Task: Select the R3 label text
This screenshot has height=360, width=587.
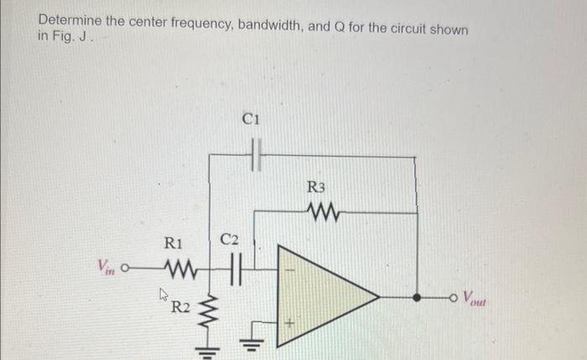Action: [x=316, y=186]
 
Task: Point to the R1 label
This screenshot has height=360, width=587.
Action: [x=174, y=245]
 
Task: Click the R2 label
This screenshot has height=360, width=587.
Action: [x=180, y=306]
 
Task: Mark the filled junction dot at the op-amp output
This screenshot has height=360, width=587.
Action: [x=417, y=296]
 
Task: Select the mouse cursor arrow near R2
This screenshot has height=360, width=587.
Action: [x=165, y=294]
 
